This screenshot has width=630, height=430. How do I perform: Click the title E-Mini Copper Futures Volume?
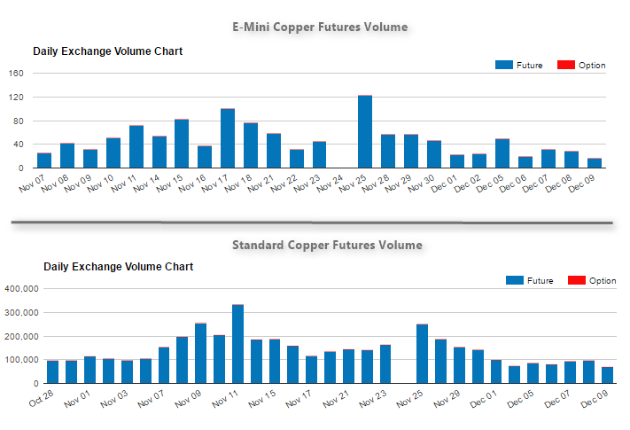coord(320,27)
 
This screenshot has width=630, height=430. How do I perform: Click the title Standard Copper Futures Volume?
coord(327,245)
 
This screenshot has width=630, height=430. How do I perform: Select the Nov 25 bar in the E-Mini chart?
coord(365,131)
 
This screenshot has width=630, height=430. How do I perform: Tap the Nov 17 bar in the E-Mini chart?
coord(228,138)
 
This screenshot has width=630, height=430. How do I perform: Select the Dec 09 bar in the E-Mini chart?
coord(595,163)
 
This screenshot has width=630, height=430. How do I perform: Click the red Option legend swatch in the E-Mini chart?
coord(564,66)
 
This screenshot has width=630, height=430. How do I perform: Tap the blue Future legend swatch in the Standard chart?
coord(514,281)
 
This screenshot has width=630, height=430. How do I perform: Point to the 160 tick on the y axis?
coord(17,74)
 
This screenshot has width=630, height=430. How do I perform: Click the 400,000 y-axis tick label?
coord(20,289)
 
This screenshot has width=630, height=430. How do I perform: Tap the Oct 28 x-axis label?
coord(43,402)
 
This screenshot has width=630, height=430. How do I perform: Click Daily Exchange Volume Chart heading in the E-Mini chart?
coord(108,51)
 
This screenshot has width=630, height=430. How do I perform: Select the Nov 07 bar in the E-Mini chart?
coord(44,160)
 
